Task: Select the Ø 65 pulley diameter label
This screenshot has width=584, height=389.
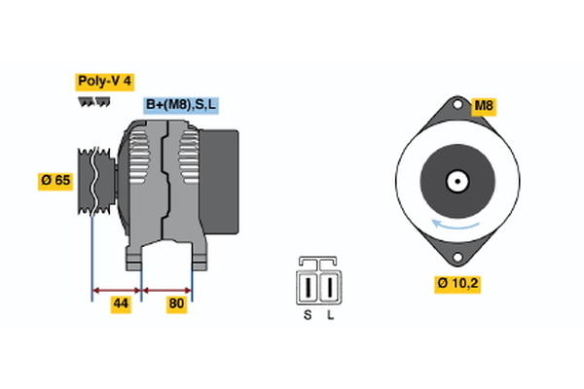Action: click(56, 180)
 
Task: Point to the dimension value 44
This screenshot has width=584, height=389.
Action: click(120, 304)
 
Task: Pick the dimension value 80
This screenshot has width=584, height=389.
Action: click(177, 304)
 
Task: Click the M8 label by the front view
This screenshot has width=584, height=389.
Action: click(484, 105)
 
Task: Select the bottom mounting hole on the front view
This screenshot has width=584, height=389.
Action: click(456, 257)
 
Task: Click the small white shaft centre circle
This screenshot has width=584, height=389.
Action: click(456, 181)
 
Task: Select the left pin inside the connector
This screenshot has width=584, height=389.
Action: click(310, 288)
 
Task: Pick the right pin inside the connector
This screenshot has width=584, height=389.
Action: click(331, 288)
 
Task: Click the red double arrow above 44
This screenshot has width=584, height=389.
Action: click(117, 289)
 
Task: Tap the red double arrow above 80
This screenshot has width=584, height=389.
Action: click(167, 289)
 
